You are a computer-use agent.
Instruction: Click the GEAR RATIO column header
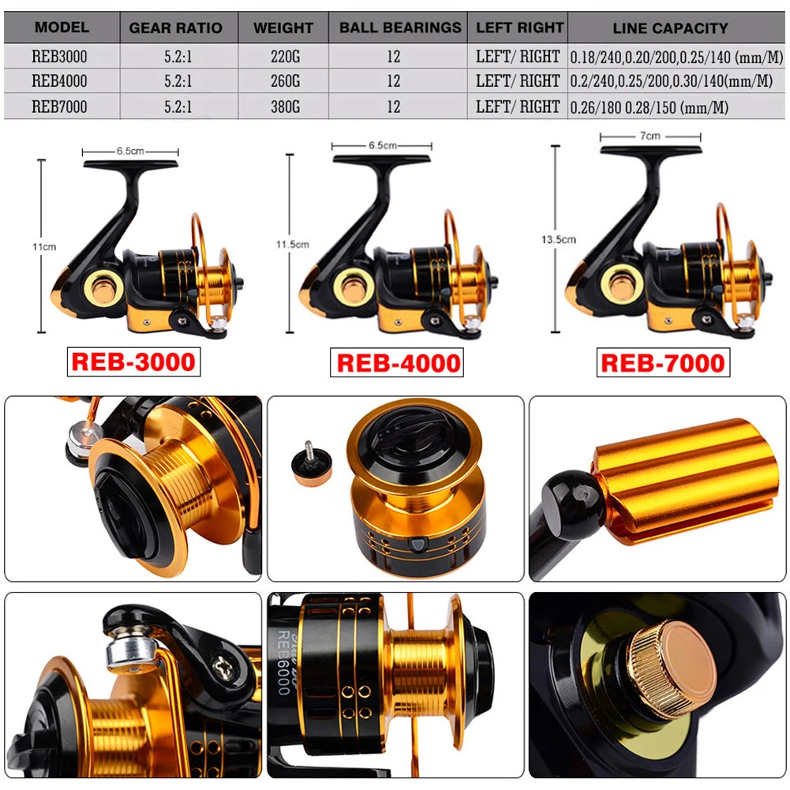pos(175,28)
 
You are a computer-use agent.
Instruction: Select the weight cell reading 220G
pos(285,57)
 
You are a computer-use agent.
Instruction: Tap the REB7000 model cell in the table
pos(59,107)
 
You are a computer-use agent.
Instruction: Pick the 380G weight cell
pos(285,107)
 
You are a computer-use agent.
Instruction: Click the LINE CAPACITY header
pos(670,28)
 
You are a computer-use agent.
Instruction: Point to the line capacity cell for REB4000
pos(671,81)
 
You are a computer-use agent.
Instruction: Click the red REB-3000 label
pos(133,361)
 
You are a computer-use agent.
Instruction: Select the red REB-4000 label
pos(397,363)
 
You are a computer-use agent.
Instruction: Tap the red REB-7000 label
pos(663,363)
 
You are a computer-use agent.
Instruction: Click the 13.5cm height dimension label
pos(558,239)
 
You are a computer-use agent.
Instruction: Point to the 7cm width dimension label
pos(650,136)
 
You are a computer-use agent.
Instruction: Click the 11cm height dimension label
pos(44,247)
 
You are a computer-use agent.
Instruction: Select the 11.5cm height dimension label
pos(292,245)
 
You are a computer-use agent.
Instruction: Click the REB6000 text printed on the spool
pos(284,662)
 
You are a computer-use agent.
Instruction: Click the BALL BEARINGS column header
pos(400,28)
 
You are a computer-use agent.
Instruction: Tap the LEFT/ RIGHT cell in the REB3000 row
pos(518,57)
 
